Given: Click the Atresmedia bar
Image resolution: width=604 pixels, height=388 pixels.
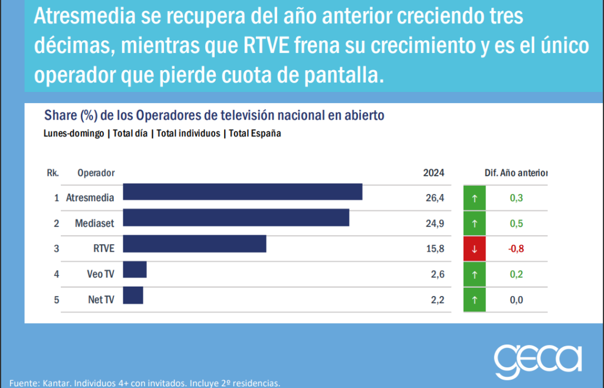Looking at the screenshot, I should (242, 192).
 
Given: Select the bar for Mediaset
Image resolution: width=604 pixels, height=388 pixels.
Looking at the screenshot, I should (236, 218).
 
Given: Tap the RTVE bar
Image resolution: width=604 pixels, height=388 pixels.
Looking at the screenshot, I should (195, 244).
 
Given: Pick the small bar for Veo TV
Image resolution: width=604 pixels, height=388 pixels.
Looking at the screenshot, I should (134, 269).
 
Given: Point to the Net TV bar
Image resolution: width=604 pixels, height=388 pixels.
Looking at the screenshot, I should (133, 295).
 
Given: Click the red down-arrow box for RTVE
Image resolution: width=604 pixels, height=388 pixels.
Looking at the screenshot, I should (475, 249).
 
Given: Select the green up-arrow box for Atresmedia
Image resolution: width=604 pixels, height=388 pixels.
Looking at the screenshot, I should (475, 198).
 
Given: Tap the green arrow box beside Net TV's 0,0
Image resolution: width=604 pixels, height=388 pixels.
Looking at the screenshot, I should (475, 300).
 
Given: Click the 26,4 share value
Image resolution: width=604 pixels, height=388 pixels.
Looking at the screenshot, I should (434, 198).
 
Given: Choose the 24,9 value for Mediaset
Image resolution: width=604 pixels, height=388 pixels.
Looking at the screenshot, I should (434, 223).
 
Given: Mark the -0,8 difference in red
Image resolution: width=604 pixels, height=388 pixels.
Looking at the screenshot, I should (516, 249).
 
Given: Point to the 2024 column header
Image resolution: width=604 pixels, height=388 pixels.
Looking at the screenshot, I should (434, 173).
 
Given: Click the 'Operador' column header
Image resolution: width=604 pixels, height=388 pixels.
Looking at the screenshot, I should (96, 173).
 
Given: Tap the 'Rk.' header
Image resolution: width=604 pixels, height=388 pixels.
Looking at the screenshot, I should (52, 173).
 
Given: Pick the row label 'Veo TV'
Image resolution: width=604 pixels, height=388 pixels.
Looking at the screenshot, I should (100, 274).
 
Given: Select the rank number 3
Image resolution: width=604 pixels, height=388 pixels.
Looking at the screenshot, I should (57, 249).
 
